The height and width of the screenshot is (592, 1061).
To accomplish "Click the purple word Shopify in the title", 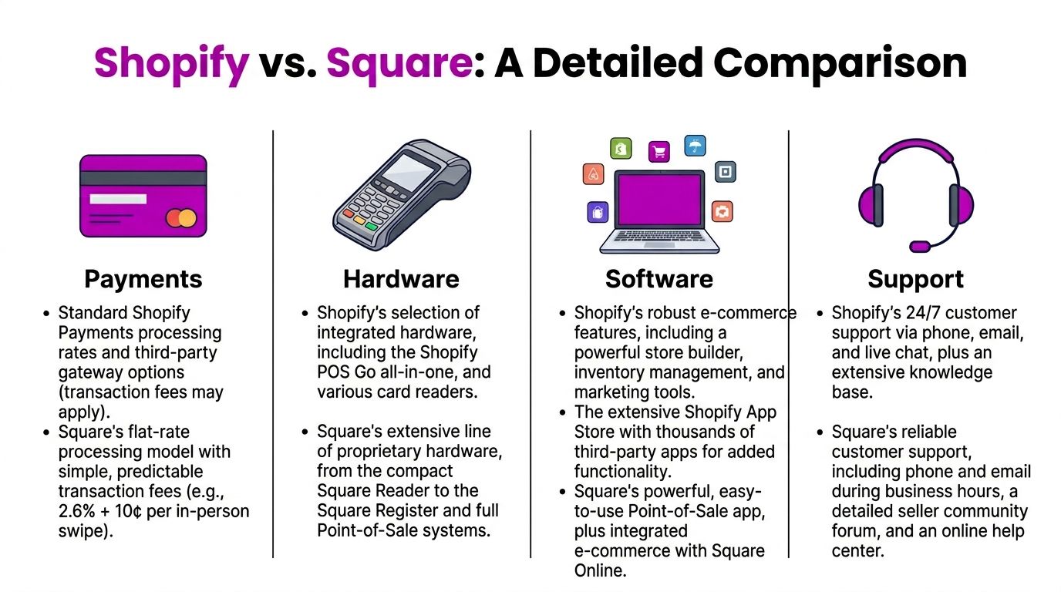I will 171,63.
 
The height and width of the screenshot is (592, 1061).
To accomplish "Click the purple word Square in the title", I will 399,63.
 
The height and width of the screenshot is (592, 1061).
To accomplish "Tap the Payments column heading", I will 143,279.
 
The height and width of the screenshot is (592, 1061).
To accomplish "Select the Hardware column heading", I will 401,279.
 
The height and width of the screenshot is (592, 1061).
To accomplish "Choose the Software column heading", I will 659,279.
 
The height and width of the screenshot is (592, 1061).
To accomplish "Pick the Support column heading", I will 916,279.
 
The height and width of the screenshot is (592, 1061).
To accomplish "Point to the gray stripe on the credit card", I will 143,178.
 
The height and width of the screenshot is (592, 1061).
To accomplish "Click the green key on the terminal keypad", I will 372,227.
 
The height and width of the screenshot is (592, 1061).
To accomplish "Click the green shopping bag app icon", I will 621,149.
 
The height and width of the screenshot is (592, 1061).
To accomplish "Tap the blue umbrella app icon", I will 695,146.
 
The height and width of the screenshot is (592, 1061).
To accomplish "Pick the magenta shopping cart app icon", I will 658,152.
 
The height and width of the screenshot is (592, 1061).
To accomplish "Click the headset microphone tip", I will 920,247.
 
